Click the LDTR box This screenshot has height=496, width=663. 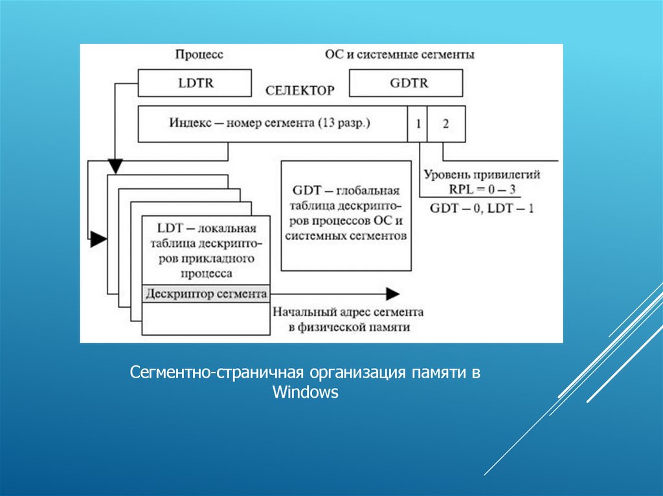coord(195,83)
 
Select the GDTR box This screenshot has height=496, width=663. coord(406,83)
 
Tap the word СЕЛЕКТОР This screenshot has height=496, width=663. coord(300,91)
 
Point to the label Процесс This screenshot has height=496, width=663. coord(199,55)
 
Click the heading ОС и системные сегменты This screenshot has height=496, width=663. coord(399,55)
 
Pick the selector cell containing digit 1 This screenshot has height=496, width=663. coord(418,124)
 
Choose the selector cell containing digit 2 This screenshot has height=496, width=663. coord(445,124)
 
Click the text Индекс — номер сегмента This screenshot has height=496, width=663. coord(270,124)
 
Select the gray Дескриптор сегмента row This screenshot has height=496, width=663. coord(206,294)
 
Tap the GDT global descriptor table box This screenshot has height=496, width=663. coord(346,215)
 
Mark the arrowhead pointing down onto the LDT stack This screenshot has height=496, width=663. coord(115,167)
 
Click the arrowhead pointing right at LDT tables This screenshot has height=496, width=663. coord(98,239)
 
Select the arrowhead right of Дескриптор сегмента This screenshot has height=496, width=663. coord(391,294)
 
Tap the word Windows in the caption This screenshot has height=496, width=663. coord(305,392)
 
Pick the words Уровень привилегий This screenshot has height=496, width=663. coord(482,175)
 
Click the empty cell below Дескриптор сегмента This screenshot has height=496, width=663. coord(206,318)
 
